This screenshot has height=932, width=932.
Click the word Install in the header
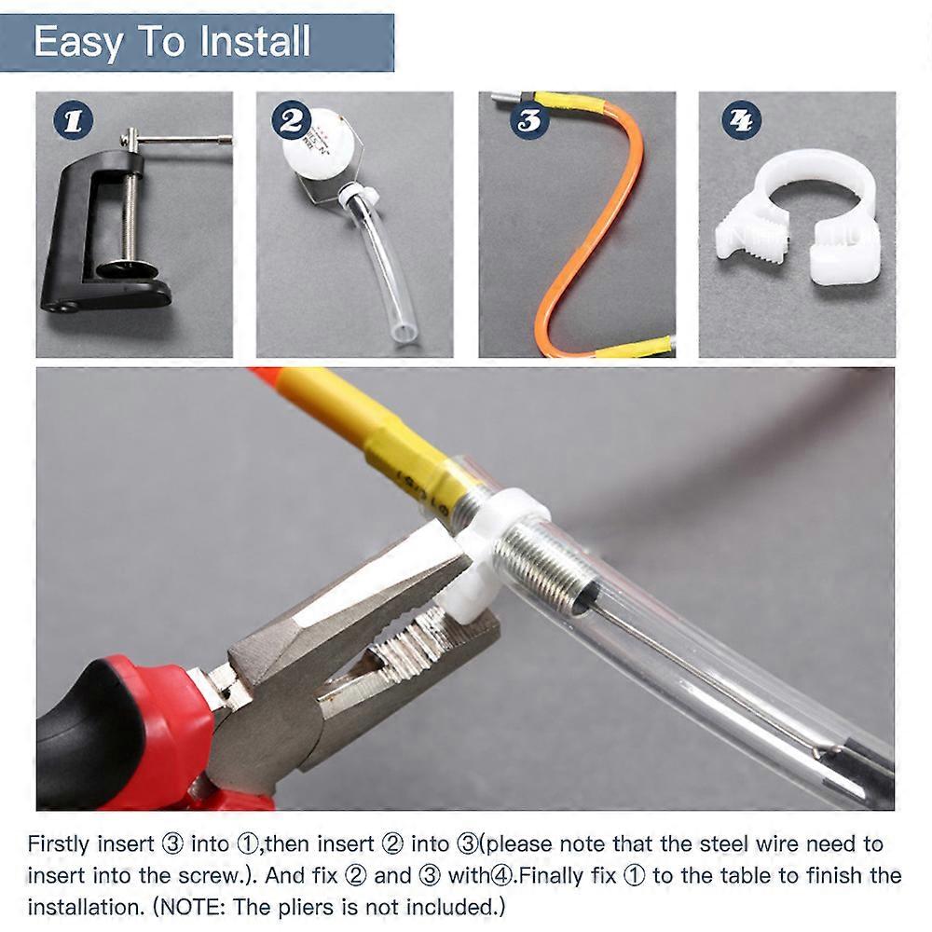[254, 41]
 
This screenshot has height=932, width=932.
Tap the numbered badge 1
[73, 119]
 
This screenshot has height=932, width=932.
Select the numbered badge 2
[291, 120]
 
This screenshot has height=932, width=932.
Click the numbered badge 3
[529, 120]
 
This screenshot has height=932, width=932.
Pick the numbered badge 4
[741, 120]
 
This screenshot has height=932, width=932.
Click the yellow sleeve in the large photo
[380, 428]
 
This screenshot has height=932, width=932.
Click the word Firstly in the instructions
[61, 844]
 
